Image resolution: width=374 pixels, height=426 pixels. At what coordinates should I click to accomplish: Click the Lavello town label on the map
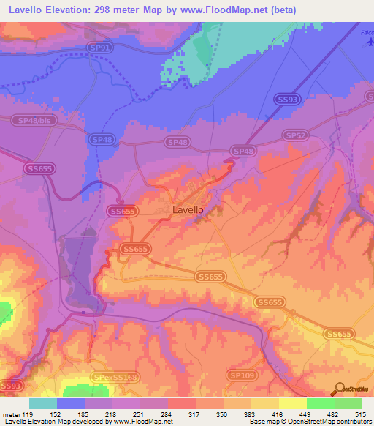tap(188, 209)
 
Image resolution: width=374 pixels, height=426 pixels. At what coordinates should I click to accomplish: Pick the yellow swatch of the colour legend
tap(293, 403)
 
